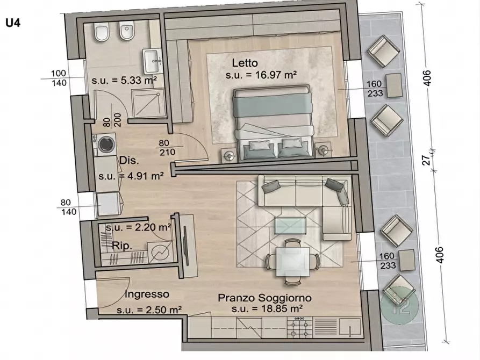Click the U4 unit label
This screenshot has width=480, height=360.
13,23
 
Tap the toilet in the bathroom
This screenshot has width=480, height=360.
102,32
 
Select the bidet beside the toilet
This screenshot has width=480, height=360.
127,31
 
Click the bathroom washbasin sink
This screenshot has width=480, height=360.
152,61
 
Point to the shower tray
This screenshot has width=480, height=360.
149,104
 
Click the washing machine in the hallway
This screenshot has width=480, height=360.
104,144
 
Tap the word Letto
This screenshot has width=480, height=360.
245,63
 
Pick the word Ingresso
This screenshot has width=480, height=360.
147,294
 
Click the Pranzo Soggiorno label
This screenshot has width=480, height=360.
265,298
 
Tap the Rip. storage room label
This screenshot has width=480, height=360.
122,246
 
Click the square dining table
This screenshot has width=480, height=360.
292,262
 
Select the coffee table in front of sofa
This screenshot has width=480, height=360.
290,225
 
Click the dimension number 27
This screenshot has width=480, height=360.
426,160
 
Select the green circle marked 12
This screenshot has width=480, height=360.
400,305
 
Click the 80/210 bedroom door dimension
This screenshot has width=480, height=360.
167,148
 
